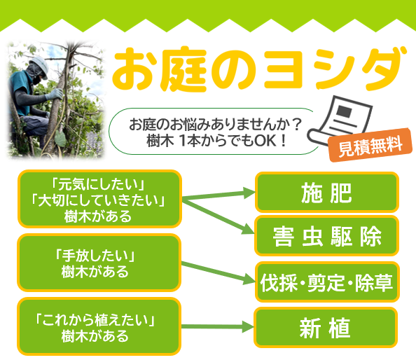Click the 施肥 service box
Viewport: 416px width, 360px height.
[x=327, y=193]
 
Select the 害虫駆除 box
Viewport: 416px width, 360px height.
[x=327, y=236]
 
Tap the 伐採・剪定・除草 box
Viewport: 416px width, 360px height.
[x=327, y=282]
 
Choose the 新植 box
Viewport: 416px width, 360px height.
[x=326, y=328]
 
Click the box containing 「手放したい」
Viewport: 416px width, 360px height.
[x=99, y=263]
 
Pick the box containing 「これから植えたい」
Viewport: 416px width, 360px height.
[x=99, y=326]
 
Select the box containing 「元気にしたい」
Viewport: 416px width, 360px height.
[x=99, y=199]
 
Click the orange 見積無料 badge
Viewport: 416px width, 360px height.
[x=370, y=145]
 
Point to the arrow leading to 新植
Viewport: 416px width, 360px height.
[x=218, y=326]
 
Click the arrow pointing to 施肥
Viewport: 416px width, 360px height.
[x=219, y=195]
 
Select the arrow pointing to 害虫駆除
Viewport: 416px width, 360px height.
[x=218, y=216]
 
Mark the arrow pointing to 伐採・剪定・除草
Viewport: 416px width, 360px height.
[x=218, y=272]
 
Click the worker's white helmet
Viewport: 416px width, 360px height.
[x=39, y=66]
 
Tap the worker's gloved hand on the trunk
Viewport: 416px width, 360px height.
[x=55, y=94]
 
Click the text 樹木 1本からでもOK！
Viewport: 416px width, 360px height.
[x=217, y=141]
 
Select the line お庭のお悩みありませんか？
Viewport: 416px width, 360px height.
[x=216, y=124]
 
